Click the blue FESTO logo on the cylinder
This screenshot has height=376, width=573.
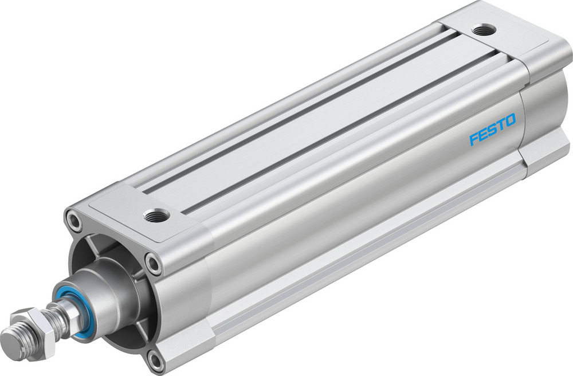point(492,130)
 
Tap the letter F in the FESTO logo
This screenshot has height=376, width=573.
point(474,139)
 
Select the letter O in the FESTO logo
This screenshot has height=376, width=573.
point(509,121)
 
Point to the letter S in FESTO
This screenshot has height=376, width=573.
point(492,130)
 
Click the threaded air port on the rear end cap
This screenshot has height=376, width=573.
point(484,30)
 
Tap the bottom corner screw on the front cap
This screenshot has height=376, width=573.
point(155,359)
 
